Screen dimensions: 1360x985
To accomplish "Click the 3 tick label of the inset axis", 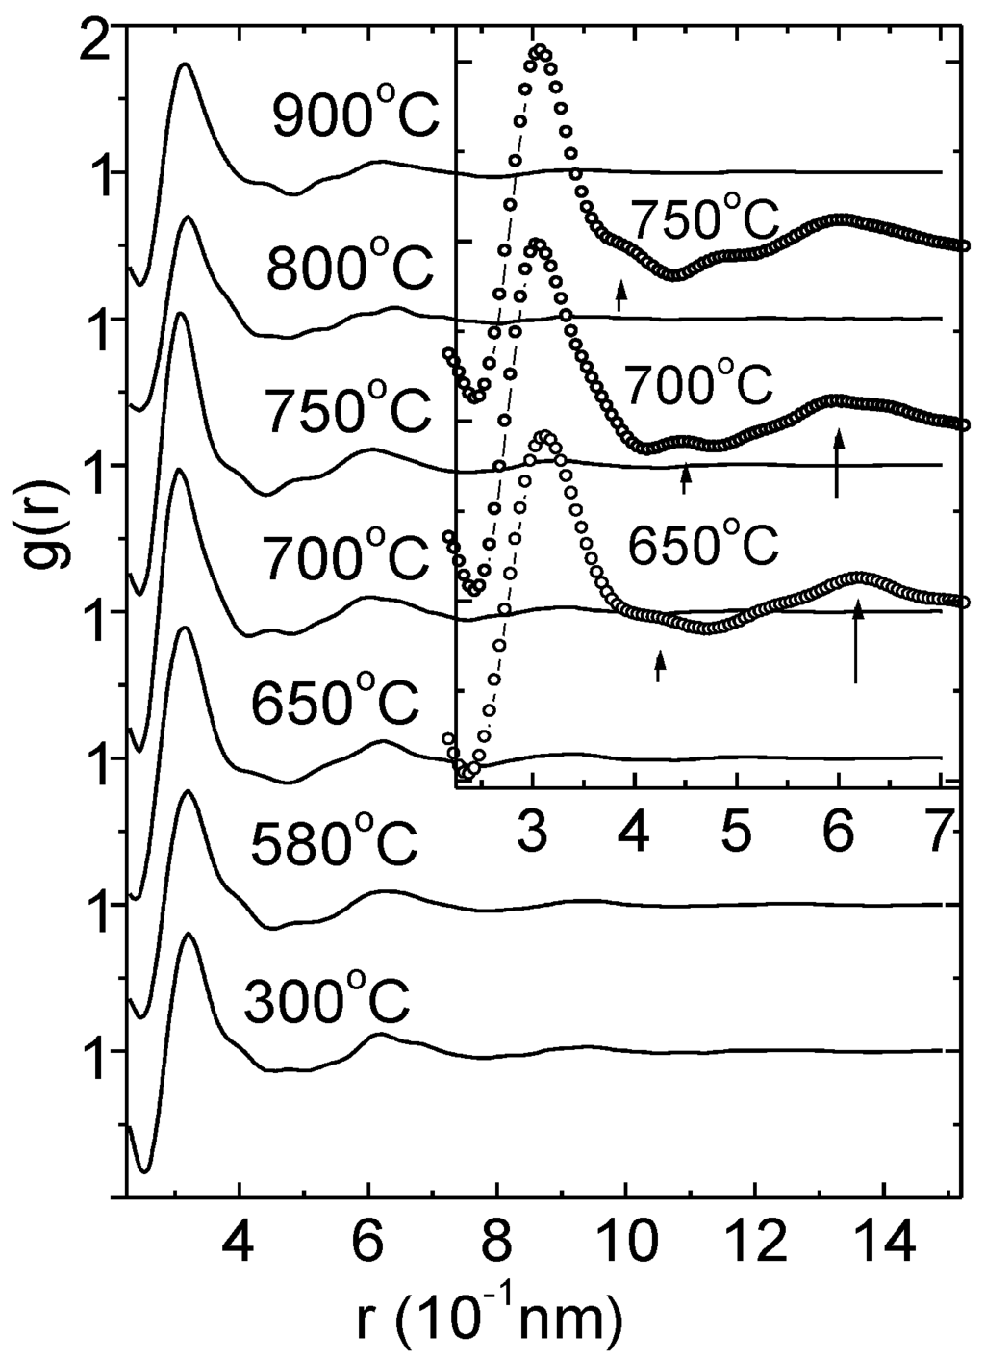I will click(533, 822).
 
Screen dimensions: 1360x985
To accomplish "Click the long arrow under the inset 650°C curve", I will click(857, 641).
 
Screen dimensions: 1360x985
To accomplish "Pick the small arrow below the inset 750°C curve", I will click(621, 295).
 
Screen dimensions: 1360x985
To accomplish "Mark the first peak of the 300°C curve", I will click(189, 936).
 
